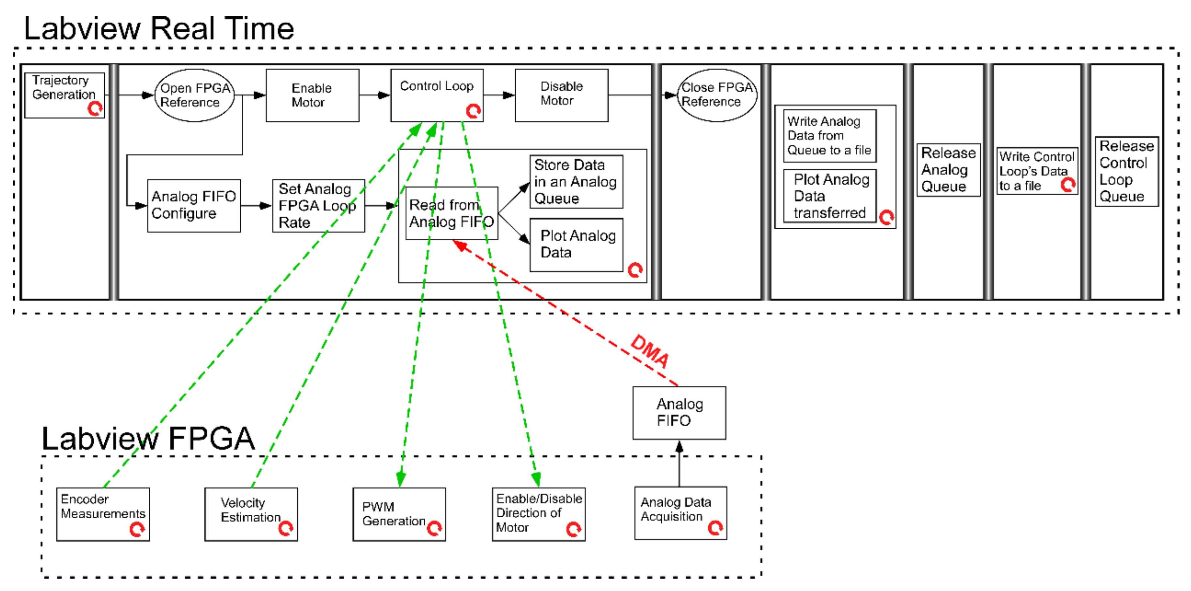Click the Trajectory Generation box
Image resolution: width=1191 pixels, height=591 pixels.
pyautogui.click(x=64, y=95)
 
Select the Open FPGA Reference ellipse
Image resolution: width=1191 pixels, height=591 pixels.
pyautogui.click(x=194, y=95)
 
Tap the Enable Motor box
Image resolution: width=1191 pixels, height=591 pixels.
pyautogui.click(x=312, y=95)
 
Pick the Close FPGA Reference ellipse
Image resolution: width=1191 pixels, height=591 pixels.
pyautogui.click(x=717, y=95)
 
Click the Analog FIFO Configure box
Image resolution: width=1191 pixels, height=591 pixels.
pyautogui.click(x=194, y=206)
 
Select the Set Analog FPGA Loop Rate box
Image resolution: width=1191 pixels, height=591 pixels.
pyautogui.click(x=319, y=206)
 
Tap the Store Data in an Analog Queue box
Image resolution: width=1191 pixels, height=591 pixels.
pyautogui.click(x=576, y=182)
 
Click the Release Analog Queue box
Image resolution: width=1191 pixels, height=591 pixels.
pyautogui.click(x=948, y=170)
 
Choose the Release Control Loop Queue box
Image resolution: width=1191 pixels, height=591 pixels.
pyautogui.click(x=1127, y=171)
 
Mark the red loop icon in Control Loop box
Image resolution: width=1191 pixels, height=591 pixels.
pyautogui.click(x=473, y=111)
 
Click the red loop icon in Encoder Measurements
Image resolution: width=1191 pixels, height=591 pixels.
pyautogui.click(x=137, y=529)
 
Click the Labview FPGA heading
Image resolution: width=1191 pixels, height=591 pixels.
pyautogui.click(x=148, y=438)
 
